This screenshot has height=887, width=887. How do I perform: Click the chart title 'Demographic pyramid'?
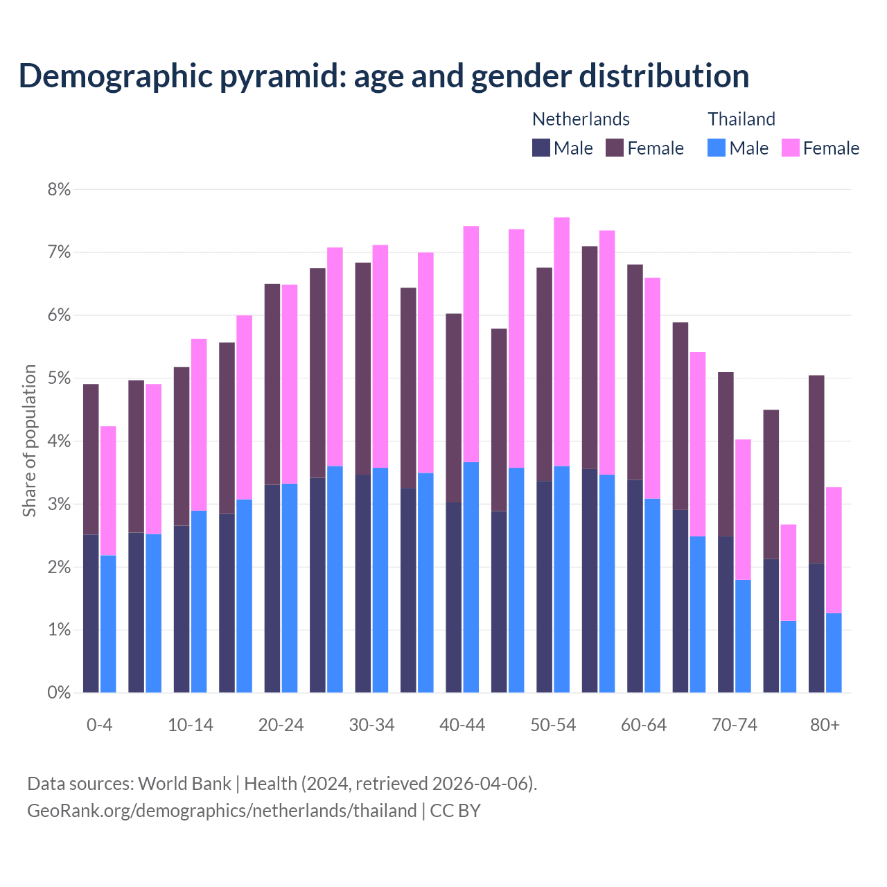(383, 76)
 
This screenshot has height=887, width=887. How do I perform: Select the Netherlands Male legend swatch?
(541, 148)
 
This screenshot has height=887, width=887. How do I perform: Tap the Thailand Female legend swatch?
(790, 148)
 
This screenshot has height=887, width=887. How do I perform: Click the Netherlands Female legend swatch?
(615, 148)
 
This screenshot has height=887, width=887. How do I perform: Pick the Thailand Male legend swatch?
(717, 148)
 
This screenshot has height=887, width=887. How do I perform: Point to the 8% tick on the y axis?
(59, 189)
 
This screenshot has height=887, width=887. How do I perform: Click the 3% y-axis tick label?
(59, 504)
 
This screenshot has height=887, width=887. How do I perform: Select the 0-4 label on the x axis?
(99, 725)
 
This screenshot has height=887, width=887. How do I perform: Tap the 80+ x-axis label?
(825, 725)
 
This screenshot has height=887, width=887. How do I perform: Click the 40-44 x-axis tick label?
(462, 725)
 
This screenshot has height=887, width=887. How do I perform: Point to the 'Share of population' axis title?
(29, 441)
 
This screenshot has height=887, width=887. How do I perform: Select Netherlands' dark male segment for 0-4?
(91, 613)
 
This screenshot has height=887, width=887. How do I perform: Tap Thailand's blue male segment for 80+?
(834, 653)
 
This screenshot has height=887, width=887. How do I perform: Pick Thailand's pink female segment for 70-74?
(743, 509)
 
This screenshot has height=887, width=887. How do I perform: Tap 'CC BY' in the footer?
(455, 811)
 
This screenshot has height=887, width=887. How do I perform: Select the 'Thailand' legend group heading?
(741, 119)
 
